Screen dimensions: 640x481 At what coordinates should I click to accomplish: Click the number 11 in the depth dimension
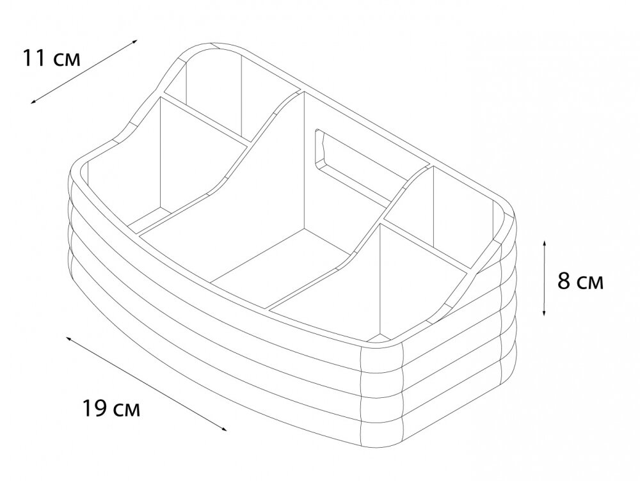coord(34,58)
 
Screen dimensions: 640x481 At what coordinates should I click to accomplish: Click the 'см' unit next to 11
coord(67,60)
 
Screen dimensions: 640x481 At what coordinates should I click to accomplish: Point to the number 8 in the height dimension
coord(564,281)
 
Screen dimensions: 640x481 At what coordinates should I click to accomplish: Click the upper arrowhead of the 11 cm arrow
coord(134,42)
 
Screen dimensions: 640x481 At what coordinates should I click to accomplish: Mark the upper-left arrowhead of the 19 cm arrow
coord(69,340)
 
